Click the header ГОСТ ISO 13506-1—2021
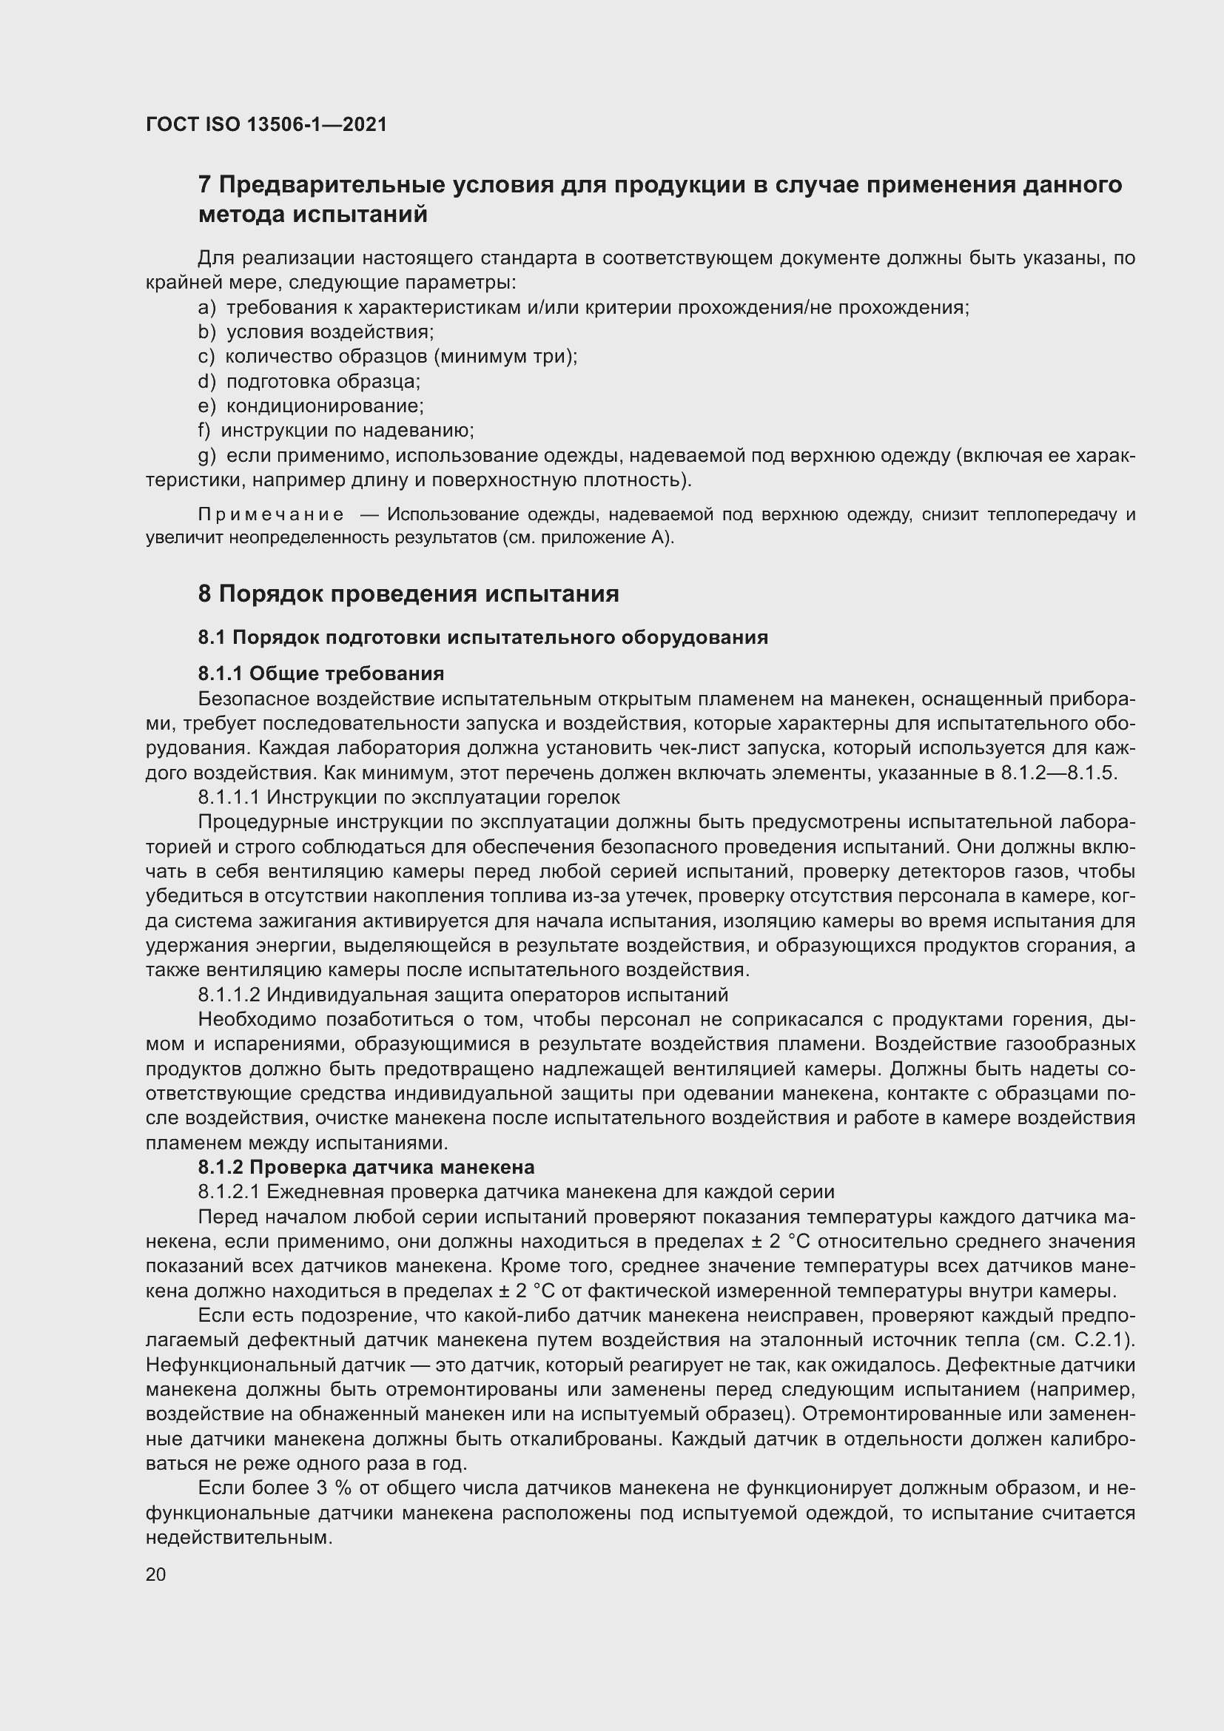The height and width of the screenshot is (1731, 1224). (x=266, y=124)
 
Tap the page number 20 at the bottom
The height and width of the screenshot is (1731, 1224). (x=155, y=1574)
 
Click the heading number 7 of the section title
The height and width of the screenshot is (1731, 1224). (x=204, y=185)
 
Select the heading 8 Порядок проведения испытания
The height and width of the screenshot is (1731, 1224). (x=408, y=594)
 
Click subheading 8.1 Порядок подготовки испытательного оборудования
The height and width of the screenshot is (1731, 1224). (x=482, y=637)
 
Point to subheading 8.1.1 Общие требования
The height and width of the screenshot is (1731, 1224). (x=321, y=673)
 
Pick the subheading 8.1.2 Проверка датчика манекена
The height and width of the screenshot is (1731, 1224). (x=366, y=1167)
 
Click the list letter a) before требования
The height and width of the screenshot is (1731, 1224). (x=206, y=308)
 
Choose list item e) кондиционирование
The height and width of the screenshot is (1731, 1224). (x=311, y=406)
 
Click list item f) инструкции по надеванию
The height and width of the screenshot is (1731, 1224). (x=335, y=431)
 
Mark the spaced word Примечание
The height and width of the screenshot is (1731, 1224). (x=271, y=514)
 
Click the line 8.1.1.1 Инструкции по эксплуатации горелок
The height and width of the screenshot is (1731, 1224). (x=409, y=797)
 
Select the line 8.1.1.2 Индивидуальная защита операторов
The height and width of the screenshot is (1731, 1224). (x=463, y=995)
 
